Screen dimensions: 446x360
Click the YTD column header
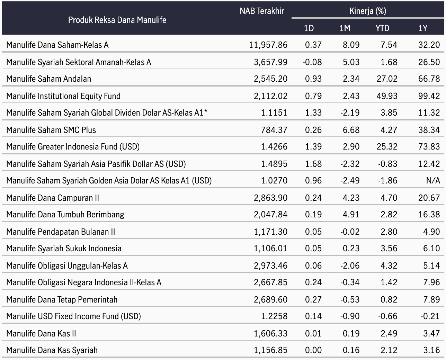click(x=382, y=28)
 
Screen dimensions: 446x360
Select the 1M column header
click(x=345, y=28)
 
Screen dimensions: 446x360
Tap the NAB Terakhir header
click(x=262, y=11)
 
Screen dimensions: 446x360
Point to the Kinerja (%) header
click(x=368, y=11)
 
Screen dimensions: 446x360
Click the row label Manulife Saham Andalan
click(x=48, y=79)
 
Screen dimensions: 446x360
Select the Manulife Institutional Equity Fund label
click(x=63, y=96)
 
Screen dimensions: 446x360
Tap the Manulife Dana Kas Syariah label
click(x=52, y=350)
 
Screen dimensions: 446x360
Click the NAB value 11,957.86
click(x=268, y=45)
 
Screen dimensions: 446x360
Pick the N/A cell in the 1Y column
click(x=433, y=180)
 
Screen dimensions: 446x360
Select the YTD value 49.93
click(x=387, y=96)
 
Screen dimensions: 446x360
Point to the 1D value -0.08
click(x=312, y=62)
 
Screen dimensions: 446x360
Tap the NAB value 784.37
click(x=274, y=130)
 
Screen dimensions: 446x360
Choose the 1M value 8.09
click(x=351, y=45)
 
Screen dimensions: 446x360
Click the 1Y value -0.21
click(x=430, y=316)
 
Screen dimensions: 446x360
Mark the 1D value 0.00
click(x=313, y=350)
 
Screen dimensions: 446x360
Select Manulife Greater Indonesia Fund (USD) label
click(x=73, y=147)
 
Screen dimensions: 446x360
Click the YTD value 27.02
click(x=387, y=79)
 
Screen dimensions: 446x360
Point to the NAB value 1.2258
click(x=274, y=316)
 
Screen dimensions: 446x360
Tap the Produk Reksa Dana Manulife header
click(x=117, y=20)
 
